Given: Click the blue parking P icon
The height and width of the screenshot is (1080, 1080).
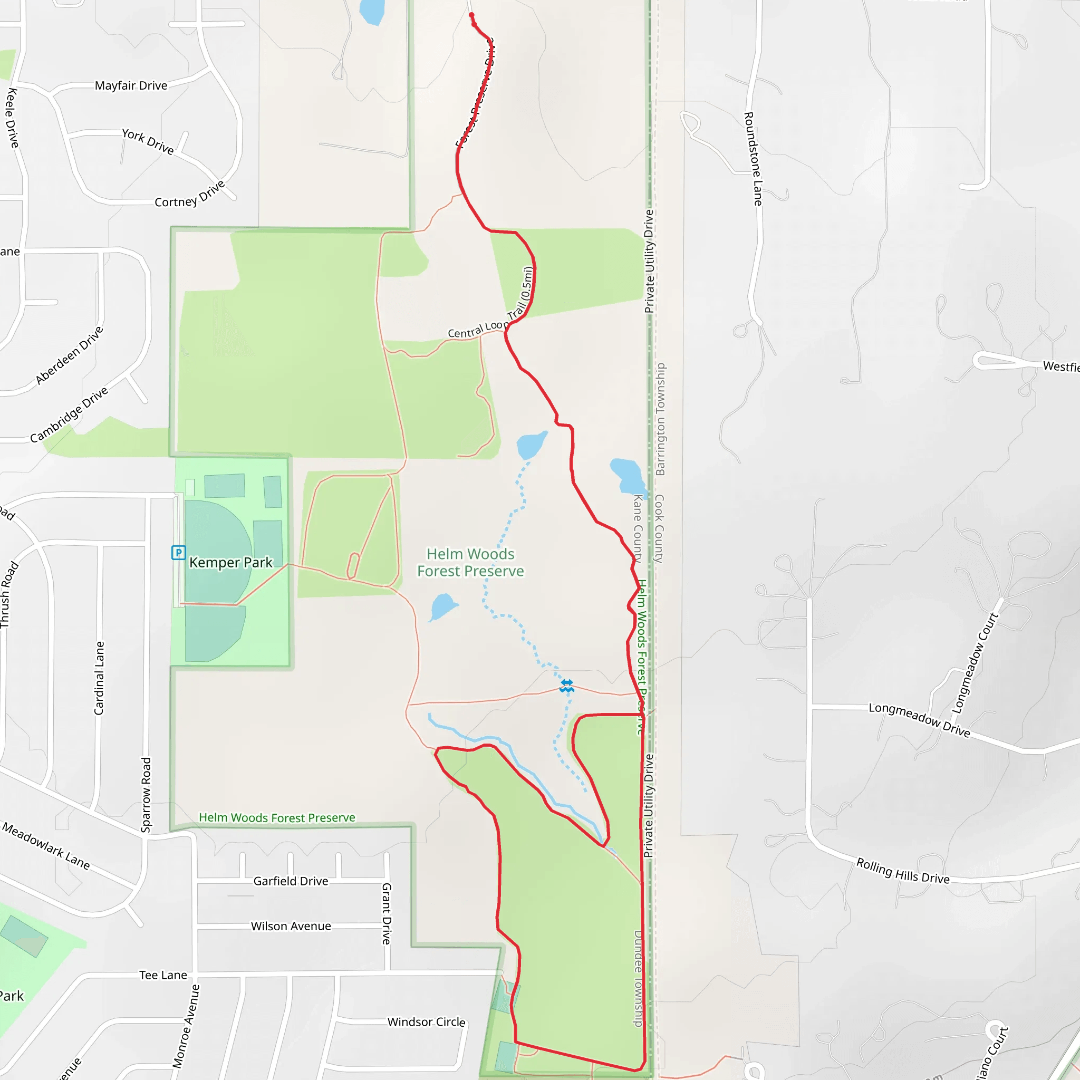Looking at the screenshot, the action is (x=178, y=553).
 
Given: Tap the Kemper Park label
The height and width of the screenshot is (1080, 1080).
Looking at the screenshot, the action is (x=230, y=562).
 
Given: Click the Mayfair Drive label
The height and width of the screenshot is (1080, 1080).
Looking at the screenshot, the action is (x=131, y=85).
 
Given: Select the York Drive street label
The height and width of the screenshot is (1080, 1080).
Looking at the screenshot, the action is (x=148, y=141).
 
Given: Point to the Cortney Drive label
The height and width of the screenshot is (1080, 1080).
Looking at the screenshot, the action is (x=189, y=195).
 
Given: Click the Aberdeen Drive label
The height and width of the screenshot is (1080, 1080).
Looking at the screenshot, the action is (x=69, y=355).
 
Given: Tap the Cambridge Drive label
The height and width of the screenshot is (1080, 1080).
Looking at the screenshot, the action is (x=69, y=414).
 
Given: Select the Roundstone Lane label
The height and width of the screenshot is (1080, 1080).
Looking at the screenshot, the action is (x=753, y=159).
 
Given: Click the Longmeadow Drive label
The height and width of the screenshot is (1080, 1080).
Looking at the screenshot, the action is (x=919, y=719).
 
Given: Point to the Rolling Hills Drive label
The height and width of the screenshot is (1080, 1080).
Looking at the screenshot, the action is (x=903, y=870).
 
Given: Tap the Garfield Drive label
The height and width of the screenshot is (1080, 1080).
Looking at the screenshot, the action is (x=291, y=881).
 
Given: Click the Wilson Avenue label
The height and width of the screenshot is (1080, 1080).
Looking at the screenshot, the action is (x=291, y=926).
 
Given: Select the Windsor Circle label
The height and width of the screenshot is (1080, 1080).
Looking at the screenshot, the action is (x=426, y=1022).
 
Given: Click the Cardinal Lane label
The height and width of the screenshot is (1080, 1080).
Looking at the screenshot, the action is (x=99, y=678).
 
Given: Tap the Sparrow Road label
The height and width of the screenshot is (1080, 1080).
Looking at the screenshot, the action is (x=146, y=794).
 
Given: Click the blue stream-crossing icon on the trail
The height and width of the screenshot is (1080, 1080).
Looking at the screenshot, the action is (x=567, y=686).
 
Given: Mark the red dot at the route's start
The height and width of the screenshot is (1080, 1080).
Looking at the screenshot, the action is (x=471, y=15).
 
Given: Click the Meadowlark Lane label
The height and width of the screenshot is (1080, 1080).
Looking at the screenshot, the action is (x=46, y=846).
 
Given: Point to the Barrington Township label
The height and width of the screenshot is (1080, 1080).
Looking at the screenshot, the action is (x=660, y=419).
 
